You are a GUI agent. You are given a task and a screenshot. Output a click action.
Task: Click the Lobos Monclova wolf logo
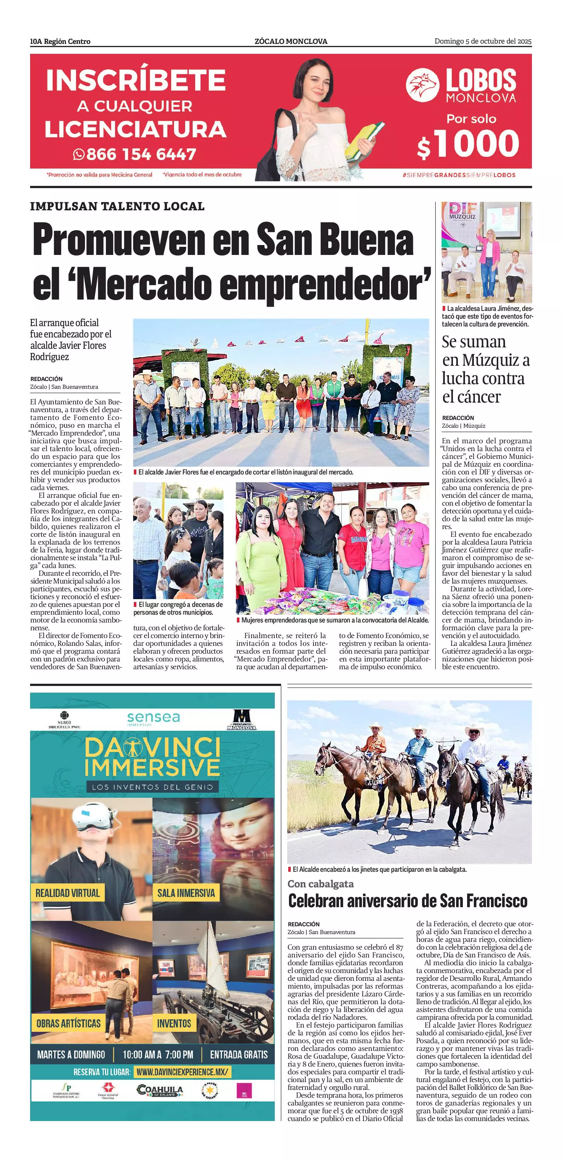(422, 85)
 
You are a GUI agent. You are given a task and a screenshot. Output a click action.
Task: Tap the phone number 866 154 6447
(141, 154)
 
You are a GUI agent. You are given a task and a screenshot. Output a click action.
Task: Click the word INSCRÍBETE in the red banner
(136, 80)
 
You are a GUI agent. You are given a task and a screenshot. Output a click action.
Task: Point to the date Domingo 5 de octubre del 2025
(483, 41)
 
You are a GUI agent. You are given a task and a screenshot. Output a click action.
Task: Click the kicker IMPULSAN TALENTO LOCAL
(117, 206)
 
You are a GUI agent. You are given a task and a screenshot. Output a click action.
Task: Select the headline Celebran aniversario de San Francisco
(408, 900)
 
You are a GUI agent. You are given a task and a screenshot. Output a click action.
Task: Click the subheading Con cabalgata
(320, 883)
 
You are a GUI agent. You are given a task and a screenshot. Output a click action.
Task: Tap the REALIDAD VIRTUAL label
(68, 893)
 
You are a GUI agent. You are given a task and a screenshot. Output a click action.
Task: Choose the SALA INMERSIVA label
(186, 893)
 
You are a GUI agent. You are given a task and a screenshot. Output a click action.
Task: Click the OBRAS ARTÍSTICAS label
(68, 1023)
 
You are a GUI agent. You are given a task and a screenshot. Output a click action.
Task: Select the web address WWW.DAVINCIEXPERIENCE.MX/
(182, 1072)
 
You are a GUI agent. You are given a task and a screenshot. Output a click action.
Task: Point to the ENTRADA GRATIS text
(239, 1054)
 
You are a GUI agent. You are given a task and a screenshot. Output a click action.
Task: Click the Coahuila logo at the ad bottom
(160, 1090)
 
